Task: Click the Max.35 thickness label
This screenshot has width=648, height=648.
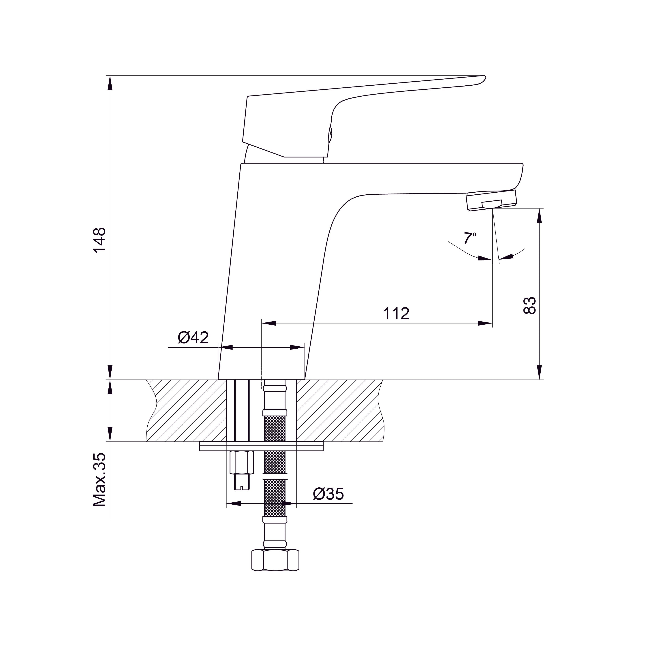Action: tap(100, 480)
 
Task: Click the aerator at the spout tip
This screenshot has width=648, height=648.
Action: tap(492, 201)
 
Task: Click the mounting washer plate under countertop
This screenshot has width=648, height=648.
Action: tap(261, 446)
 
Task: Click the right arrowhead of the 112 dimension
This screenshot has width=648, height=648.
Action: tap(485, 323)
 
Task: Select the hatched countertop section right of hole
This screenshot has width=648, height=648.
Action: tap(339, 411)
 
